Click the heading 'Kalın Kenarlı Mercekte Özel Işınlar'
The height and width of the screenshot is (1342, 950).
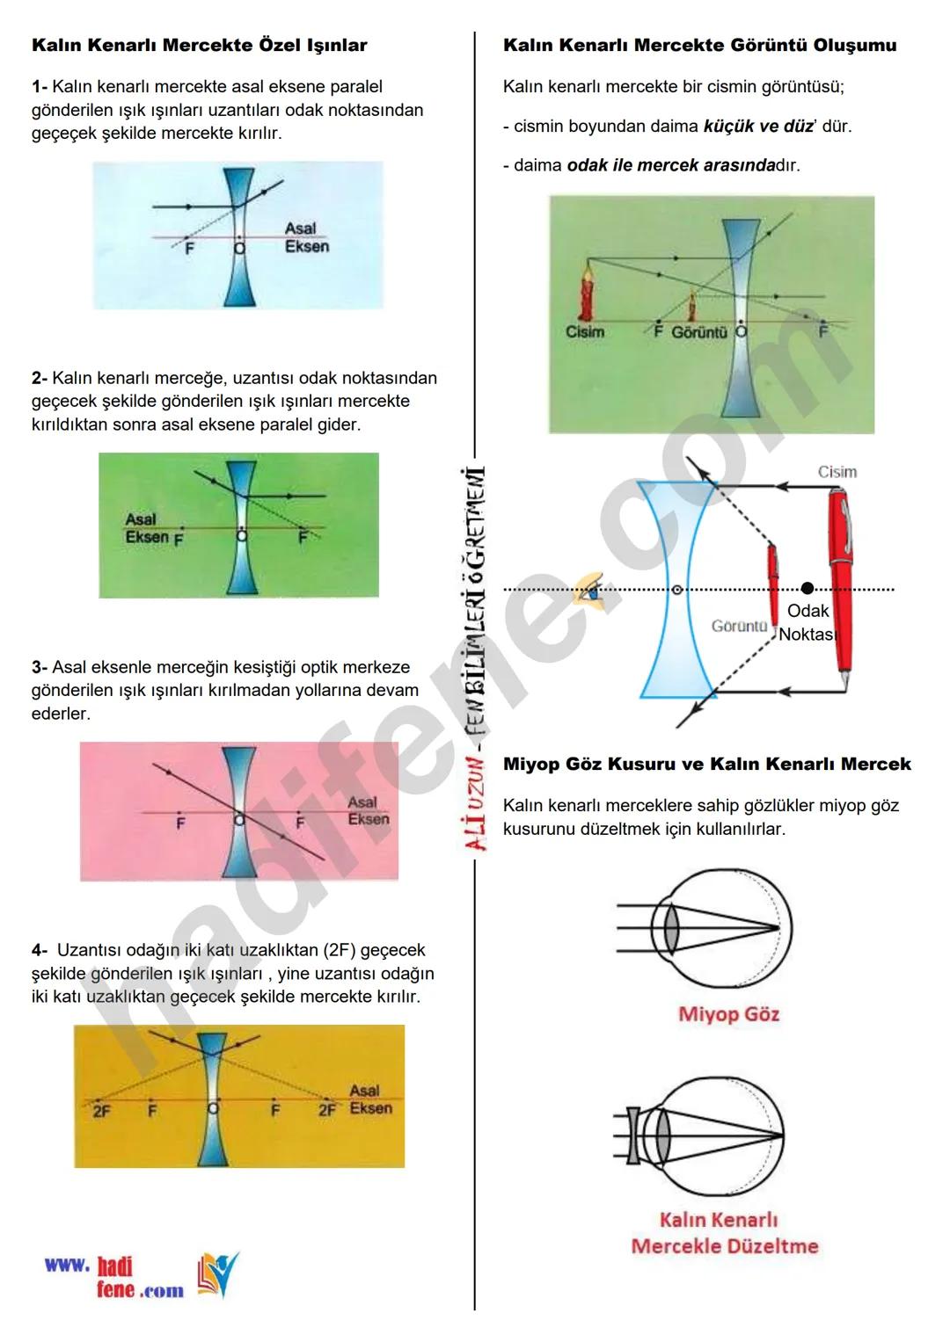point(199,46)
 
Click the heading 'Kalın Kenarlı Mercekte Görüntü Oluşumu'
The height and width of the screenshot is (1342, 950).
point(699,46)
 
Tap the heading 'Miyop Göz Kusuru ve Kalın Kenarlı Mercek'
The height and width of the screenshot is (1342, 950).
point(706,764)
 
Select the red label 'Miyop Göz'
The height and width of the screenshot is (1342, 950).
point(728,1014)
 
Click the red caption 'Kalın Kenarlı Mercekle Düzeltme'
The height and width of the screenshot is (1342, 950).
point(724,1233)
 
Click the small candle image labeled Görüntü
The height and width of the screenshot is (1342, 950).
point(691,308)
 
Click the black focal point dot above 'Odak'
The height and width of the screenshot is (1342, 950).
point(807,588)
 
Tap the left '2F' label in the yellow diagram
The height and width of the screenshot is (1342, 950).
point(101,1112)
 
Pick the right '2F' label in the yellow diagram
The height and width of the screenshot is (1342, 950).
point(327,1110)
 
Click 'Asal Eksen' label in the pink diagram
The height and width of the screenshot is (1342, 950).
point(367,810)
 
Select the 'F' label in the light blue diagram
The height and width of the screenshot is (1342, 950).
point(189,249)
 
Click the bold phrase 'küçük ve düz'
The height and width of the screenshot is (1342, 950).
point(758,126)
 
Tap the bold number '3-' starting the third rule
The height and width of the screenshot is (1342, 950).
point(40,667)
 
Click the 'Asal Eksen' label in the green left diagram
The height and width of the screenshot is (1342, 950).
point(146,528)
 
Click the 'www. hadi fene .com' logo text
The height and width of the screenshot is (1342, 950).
point(114,1277)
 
